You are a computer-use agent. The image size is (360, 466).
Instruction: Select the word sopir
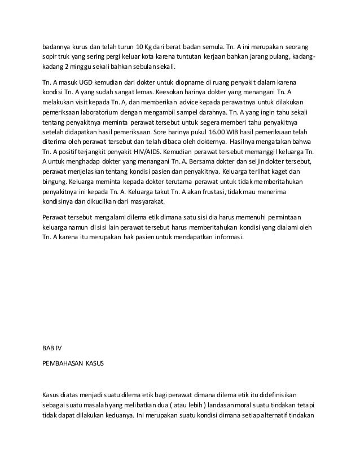(50, 56)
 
